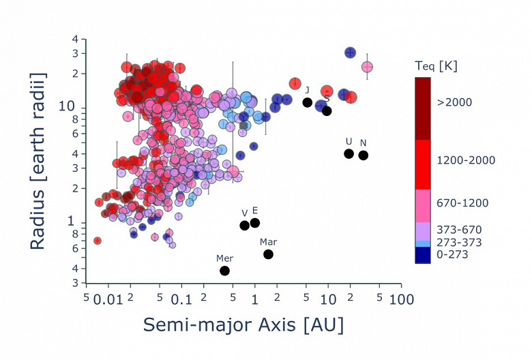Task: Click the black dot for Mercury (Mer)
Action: tap(224, 271)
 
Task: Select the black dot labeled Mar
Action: tap(269, 254)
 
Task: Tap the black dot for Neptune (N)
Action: tap(364, 155)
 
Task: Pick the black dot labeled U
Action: tap(349, 153)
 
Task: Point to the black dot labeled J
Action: tap(308, 102)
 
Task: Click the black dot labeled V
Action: tap(245, 226)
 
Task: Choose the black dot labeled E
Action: tap(255, 223)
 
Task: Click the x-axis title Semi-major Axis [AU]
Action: tap(243, 325)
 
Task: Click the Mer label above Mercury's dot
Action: tap(224, 258)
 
